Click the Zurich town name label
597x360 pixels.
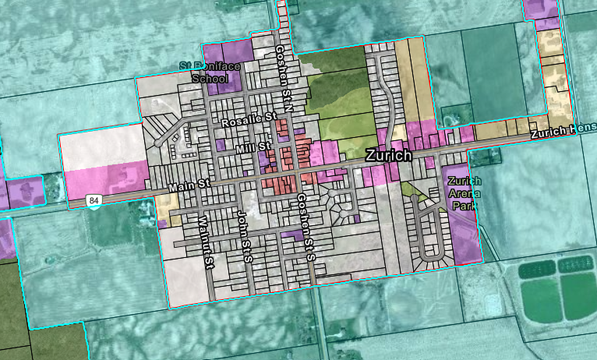click(x=389, y=155)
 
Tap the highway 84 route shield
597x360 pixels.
click(x=94, y=202)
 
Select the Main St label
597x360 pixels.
click(x=189, y=185)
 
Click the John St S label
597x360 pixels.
click(x=243, y=236)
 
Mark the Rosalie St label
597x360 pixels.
click(x=249, y=122)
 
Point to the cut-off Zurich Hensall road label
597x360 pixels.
click(x=563, y=132)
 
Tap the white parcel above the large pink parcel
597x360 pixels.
click(x=101, y=148)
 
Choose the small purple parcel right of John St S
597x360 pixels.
click(x=291, y=233)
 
